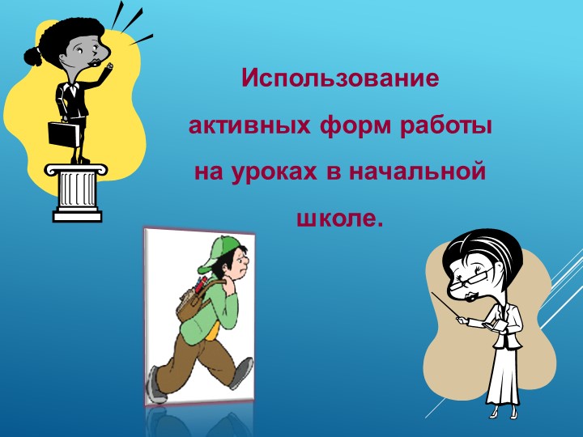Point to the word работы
tap(445, 127)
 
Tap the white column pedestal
tap(78, 191)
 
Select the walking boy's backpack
tap(191, 303)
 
